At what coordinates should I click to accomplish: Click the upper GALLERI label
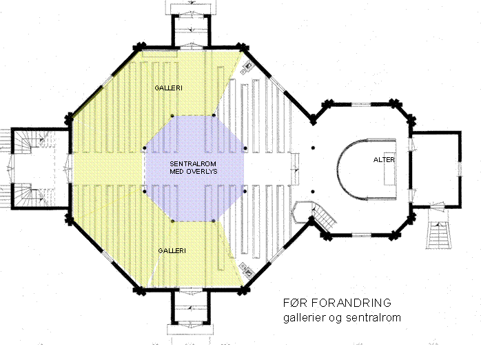tap(168, 88)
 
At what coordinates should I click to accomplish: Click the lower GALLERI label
tap(172, 251)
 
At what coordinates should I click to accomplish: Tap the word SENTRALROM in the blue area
tap(193, 164)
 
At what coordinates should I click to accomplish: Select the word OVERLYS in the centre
tap(203, 171)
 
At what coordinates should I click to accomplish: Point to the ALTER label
tap(384, 159)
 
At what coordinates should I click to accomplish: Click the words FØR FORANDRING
tap(337, 303)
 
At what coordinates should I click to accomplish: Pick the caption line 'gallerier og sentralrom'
tap(342, 318)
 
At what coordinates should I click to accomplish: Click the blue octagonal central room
tap(194, 168)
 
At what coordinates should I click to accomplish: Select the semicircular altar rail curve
tap(338, 170)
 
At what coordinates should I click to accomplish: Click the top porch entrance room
tap(191, 31)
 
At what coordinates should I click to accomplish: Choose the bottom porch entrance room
tap(191, 306)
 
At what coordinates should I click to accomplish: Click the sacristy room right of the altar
tap(436, 170)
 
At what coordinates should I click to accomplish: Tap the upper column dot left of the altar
tap(313, 148)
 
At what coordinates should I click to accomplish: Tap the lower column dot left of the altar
tap(313, 192)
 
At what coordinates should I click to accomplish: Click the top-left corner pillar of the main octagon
tap(139, 47)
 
